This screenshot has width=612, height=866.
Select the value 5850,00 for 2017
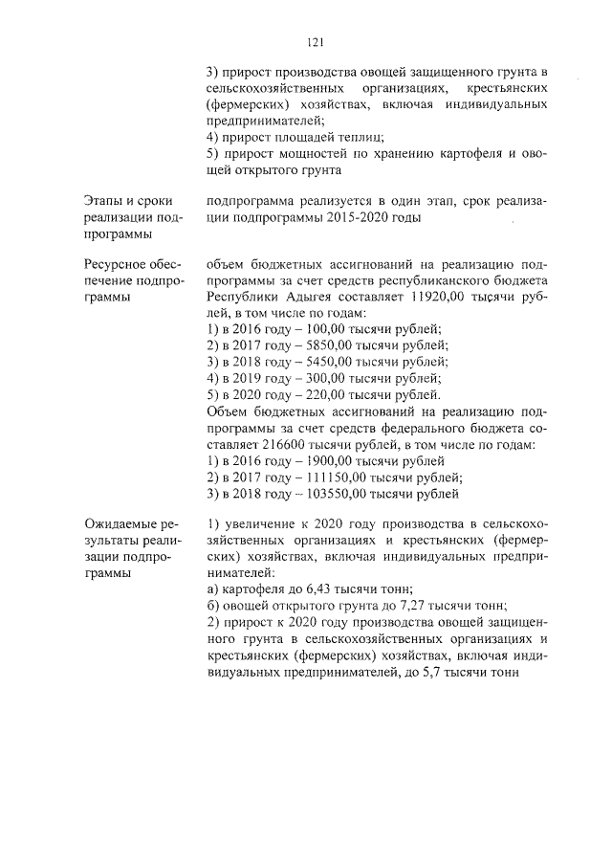click(325, 344)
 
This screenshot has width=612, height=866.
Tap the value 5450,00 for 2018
click(325, 362)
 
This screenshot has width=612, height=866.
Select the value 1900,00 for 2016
click(325, 461)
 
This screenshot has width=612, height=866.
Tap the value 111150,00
click(332, 477)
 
